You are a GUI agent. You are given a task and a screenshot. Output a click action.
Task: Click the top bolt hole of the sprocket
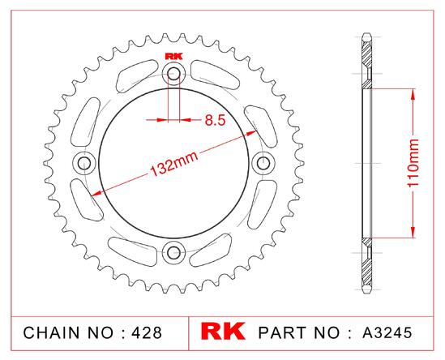[x=173, y=74]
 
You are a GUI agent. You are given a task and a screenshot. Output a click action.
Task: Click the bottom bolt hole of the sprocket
[x=173, y=252]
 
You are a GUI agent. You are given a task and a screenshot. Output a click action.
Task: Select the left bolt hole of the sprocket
[x=84, y=164]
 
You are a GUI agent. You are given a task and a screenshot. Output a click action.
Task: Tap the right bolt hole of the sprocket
[x=263, y=163]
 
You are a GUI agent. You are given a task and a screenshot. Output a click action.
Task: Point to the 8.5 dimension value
[x=215, y=120]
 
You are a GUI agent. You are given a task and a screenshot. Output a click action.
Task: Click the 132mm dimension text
[x=173, y=164]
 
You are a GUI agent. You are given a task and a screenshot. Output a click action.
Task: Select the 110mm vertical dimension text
[x=413, y=163]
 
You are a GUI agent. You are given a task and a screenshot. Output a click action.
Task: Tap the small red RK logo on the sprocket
[x=173, y=56]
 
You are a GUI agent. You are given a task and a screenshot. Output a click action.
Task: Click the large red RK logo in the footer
[x=223, y=331]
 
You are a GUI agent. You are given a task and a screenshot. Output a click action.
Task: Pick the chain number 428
[x=147, y=332]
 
